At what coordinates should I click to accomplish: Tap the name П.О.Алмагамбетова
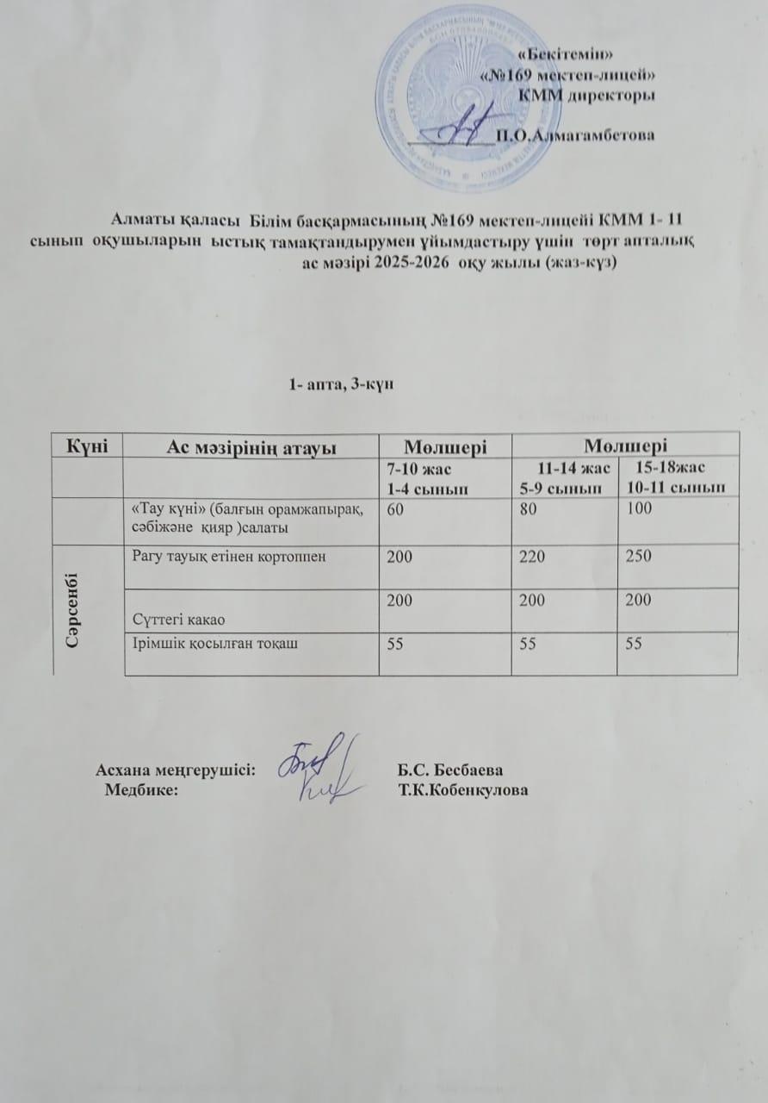click(576, 134)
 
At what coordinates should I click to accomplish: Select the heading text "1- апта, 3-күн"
click(342, 384)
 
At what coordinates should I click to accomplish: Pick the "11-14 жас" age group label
click(574, 468)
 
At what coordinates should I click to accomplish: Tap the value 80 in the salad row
click(521, 510)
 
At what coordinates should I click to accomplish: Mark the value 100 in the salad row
click(638, 510)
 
